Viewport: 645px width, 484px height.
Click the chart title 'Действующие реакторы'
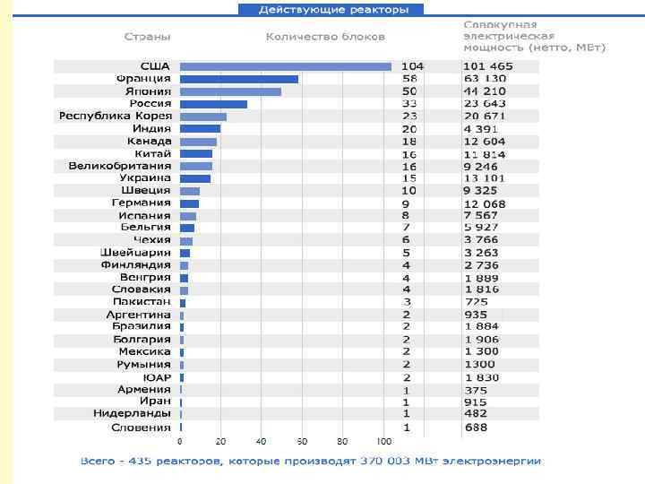pyautogui.click(x=331, y=9)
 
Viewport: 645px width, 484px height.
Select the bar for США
pyautogui.click(x=286, y=66)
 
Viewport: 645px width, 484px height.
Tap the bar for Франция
pyautogui.click(x=239, y=79)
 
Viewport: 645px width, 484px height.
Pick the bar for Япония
pyautogui.click(x=230, y=91)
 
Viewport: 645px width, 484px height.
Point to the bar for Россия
pyautogui.click(x=213, y=104)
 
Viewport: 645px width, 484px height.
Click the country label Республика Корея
pyautogui.click(x=115, y=117)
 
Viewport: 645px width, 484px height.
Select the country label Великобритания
pyautogui.click(x=119, y=166)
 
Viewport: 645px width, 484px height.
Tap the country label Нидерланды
pyautogui.click(x=132, y=413)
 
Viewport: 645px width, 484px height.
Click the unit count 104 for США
pyautogui.click(x=412, y=66)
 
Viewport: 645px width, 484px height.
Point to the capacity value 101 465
pyautogui.click(x=488, y=66)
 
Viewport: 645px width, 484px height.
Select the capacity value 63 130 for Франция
pyautogui.click(x=485, y=79)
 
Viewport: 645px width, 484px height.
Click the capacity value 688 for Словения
pyautogui.click(x=476, y=428)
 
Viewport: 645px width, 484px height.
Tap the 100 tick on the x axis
pyautogui.click(x=383, y=442)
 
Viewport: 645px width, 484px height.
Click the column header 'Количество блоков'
pyautogui.click(x=325, y=37)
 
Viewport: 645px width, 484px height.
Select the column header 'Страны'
pyautogui.click(x=147, y=37)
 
